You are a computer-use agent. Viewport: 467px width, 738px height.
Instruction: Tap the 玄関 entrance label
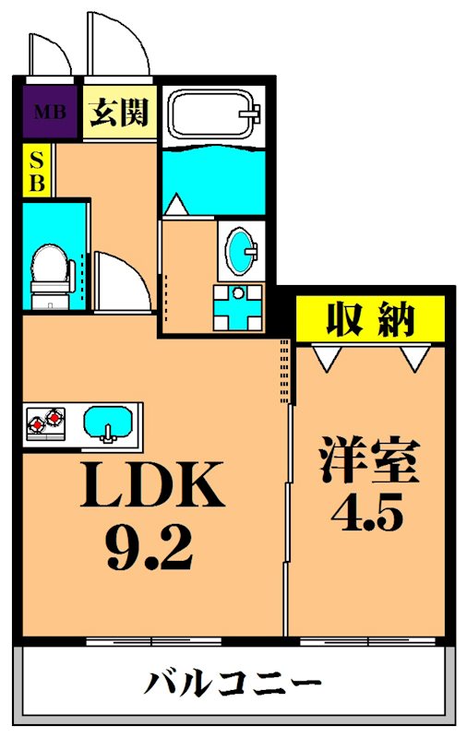119,113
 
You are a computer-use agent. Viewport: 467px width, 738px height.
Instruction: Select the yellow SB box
38,172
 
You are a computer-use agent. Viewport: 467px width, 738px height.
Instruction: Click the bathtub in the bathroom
212,116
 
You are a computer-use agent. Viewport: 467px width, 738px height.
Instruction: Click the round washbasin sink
242,249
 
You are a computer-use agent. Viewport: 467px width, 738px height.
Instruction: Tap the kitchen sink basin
108,423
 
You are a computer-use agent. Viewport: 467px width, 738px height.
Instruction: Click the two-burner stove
46,423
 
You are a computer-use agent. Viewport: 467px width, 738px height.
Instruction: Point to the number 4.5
366,515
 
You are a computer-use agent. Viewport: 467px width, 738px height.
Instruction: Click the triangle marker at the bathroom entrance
175,206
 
